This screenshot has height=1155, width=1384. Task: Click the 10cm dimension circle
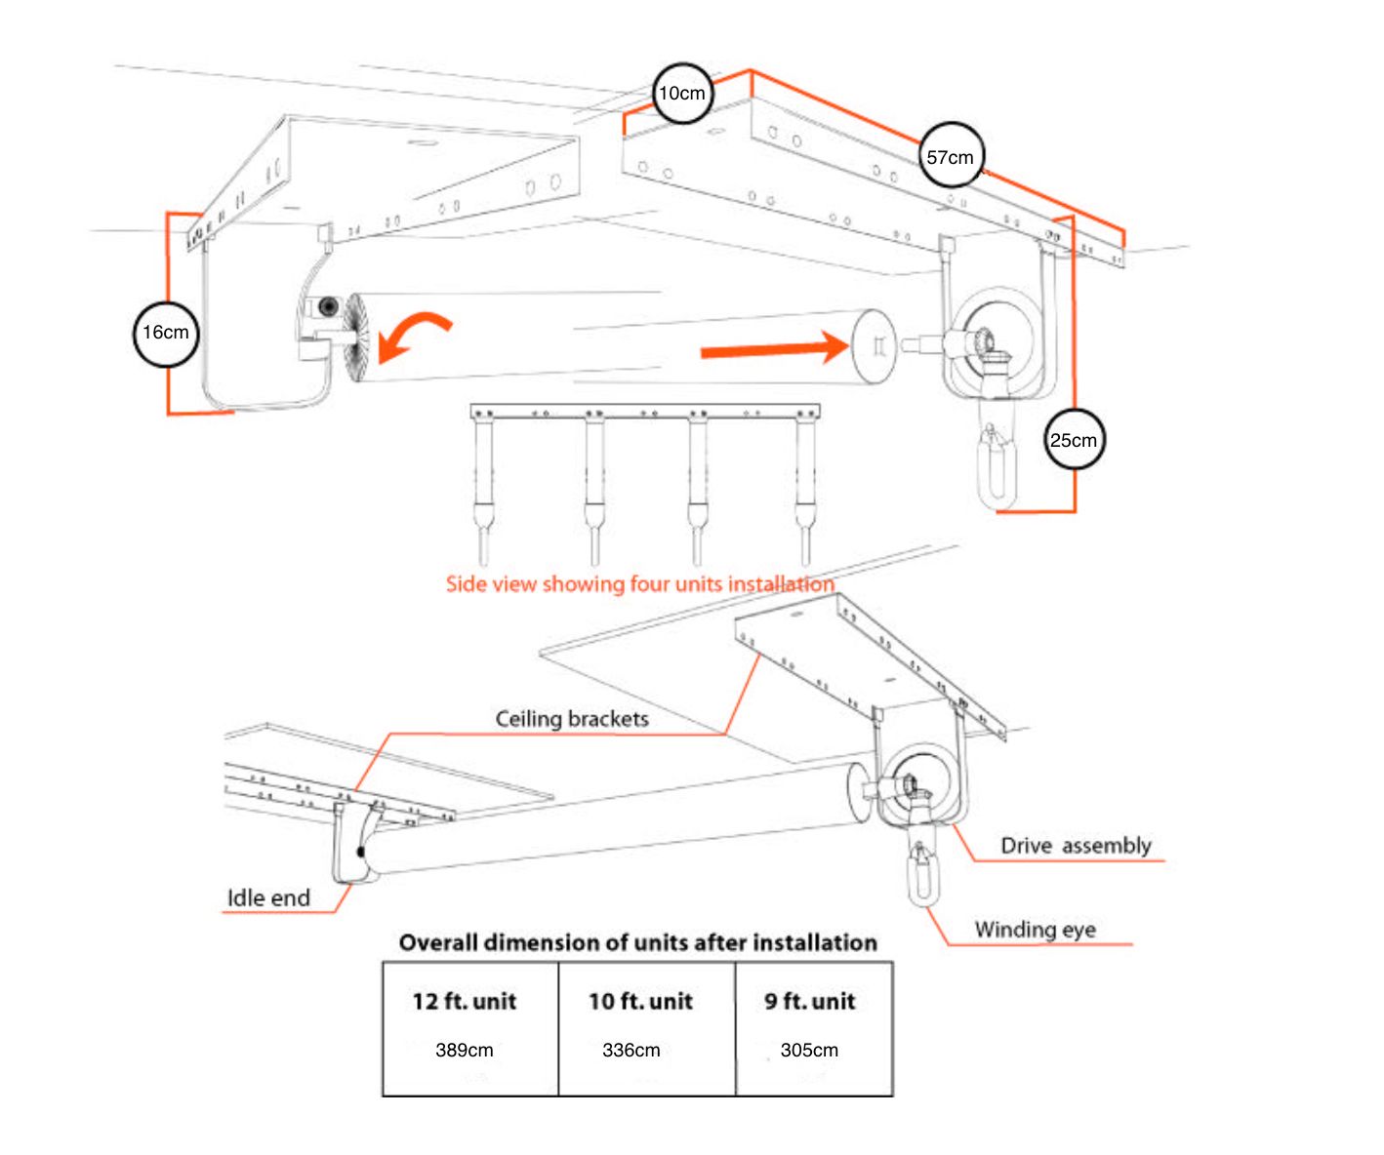coord(682,94)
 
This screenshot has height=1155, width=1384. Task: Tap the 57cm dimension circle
coord(951,156)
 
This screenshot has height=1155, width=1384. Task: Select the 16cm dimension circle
coord(166,334)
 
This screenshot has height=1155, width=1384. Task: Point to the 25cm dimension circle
coord(1074,439)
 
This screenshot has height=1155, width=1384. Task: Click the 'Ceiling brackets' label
coord(571,719)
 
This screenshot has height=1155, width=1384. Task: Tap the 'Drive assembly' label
coord(1076,846)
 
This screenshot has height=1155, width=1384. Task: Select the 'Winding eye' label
coord(1035,930)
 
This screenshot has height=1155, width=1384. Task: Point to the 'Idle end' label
coord(268,897)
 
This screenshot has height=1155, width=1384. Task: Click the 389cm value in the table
coord(464,1050)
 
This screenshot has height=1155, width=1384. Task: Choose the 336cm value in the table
coord(631,1050)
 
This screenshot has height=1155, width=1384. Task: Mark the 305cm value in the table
coord(809,1050)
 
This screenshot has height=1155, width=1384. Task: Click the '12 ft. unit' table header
coord(464,1001)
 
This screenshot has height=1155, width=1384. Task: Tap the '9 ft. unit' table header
coord(809,1001)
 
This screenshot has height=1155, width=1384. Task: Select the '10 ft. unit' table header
coord(640,1001)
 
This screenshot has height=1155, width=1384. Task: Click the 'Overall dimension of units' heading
coord(637,942)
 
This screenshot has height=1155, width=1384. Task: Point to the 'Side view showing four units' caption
coord(639,583)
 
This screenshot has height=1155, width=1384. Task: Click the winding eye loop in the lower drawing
coord(922,875)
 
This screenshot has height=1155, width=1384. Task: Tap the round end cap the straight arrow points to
coord(873,346)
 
